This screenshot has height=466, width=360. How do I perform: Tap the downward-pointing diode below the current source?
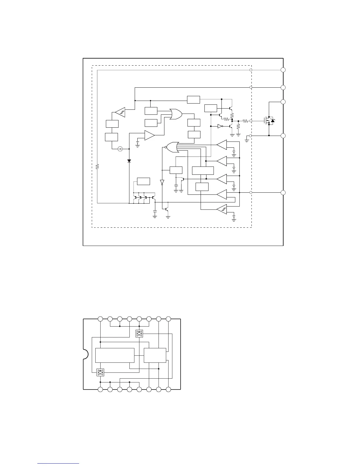(x=129, y=161)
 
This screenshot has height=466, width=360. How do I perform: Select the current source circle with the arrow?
(x=120, y=149)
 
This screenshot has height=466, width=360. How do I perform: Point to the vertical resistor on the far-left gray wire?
(x=97, y=166)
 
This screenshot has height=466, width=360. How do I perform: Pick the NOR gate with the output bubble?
(x=172, y=147)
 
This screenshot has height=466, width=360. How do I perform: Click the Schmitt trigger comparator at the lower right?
(x=222, y=209)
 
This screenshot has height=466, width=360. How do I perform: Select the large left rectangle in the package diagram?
(x=115, y=355)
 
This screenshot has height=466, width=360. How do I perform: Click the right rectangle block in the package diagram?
(x=155, y=355)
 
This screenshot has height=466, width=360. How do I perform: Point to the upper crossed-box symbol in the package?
(x=139, y=334)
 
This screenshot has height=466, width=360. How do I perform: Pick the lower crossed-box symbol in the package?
(x=100, y=372)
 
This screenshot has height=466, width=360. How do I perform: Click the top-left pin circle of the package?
(x=100, y=319)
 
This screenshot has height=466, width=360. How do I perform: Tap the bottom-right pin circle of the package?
(x=168, y=390)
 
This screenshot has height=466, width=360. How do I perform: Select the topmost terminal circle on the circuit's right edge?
(x=283, y=70)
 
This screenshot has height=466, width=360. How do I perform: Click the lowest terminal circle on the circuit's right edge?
(x=283, y=193)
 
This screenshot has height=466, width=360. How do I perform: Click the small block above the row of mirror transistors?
(x=144, y=181)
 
